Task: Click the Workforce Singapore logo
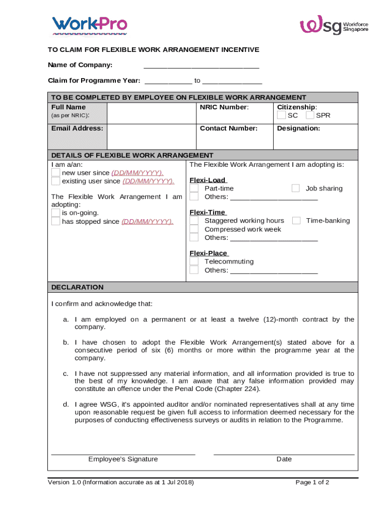click(x=334, y=25)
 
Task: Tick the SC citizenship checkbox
click(x=282, y=115)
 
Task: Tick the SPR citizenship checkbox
click(x=310, y=115)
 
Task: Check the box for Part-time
click(x=194, y=188)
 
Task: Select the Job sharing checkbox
click(x=296, y=188)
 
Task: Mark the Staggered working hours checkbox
click(x=194, y=221)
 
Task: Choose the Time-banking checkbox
click(x=296, y=221)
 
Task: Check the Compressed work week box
click(x=194, y=229)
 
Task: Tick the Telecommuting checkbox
click(x=194, y=262)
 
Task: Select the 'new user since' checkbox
click(x=55, y=173)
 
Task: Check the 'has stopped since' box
click(x=55, y=221)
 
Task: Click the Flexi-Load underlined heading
click(x=208, y=180)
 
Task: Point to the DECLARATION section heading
click(x=78, y=287)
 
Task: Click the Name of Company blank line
click(x=201, y=66)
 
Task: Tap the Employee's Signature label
click(x=123, y=459)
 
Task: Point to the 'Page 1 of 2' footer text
click(x=312, y=483)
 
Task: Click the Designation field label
click(x=298, y=128)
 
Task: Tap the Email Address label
click(x=77, y=128)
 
